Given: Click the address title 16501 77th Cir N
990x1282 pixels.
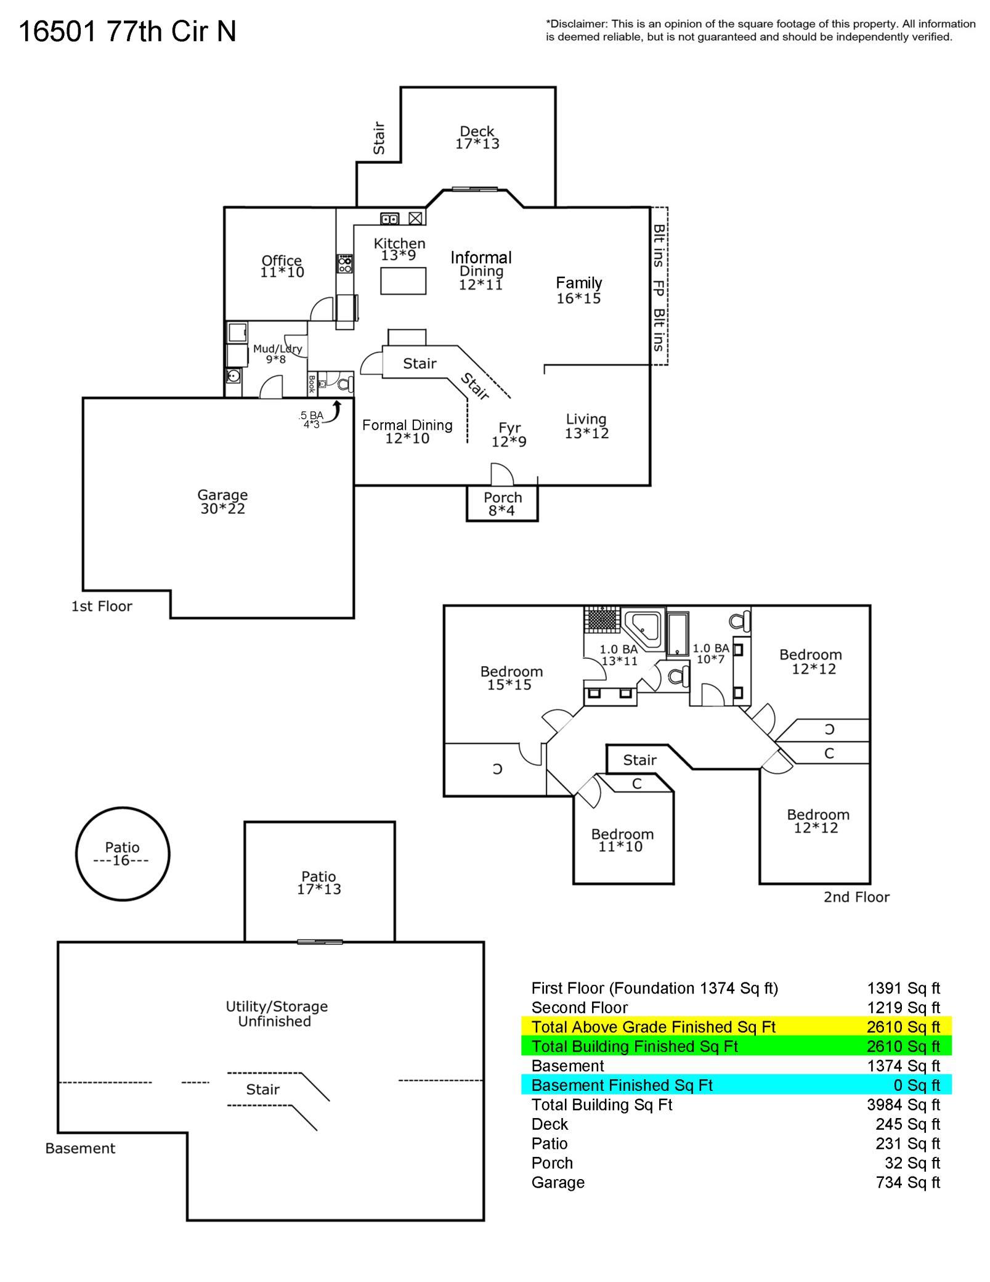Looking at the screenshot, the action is pos(128,31).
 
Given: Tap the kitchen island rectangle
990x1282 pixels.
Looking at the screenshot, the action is pos(404,281).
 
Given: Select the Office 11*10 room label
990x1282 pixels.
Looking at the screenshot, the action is pos(282,266).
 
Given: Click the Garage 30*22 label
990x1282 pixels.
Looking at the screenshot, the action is pos(222,502).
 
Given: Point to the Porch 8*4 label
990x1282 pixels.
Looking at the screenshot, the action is pos(502,504).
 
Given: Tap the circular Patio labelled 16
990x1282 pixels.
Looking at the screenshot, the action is pos(123,854).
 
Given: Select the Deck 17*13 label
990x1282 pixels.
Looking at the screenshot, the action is pos(477,137).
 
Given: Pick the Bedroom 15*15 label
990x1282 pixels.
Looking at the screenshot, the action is pos(511,678).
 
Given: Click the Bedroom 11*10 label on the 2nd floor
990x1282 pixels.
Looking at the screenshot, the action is pos(622,840).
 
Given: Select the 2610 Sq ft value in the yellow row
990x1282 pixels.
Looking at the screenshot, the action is pos(903,1027).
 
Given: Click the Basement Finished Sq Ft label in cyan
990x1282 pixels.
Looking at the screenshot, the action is pos(622,1085).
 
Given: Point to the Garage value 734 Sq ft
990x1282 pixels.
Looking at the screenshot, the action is pos(907,1182).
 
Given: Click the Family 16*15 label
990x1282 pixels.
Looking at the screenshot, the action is pos(578,290).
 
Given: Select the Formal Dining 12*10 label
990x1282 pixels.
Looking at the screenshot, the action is pos(407,431).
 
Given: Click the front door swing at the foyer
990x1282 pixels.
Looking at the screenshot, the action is pos(502,474).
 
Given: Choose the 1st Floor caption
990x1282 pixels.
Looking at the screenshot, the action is pos(102,606).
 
